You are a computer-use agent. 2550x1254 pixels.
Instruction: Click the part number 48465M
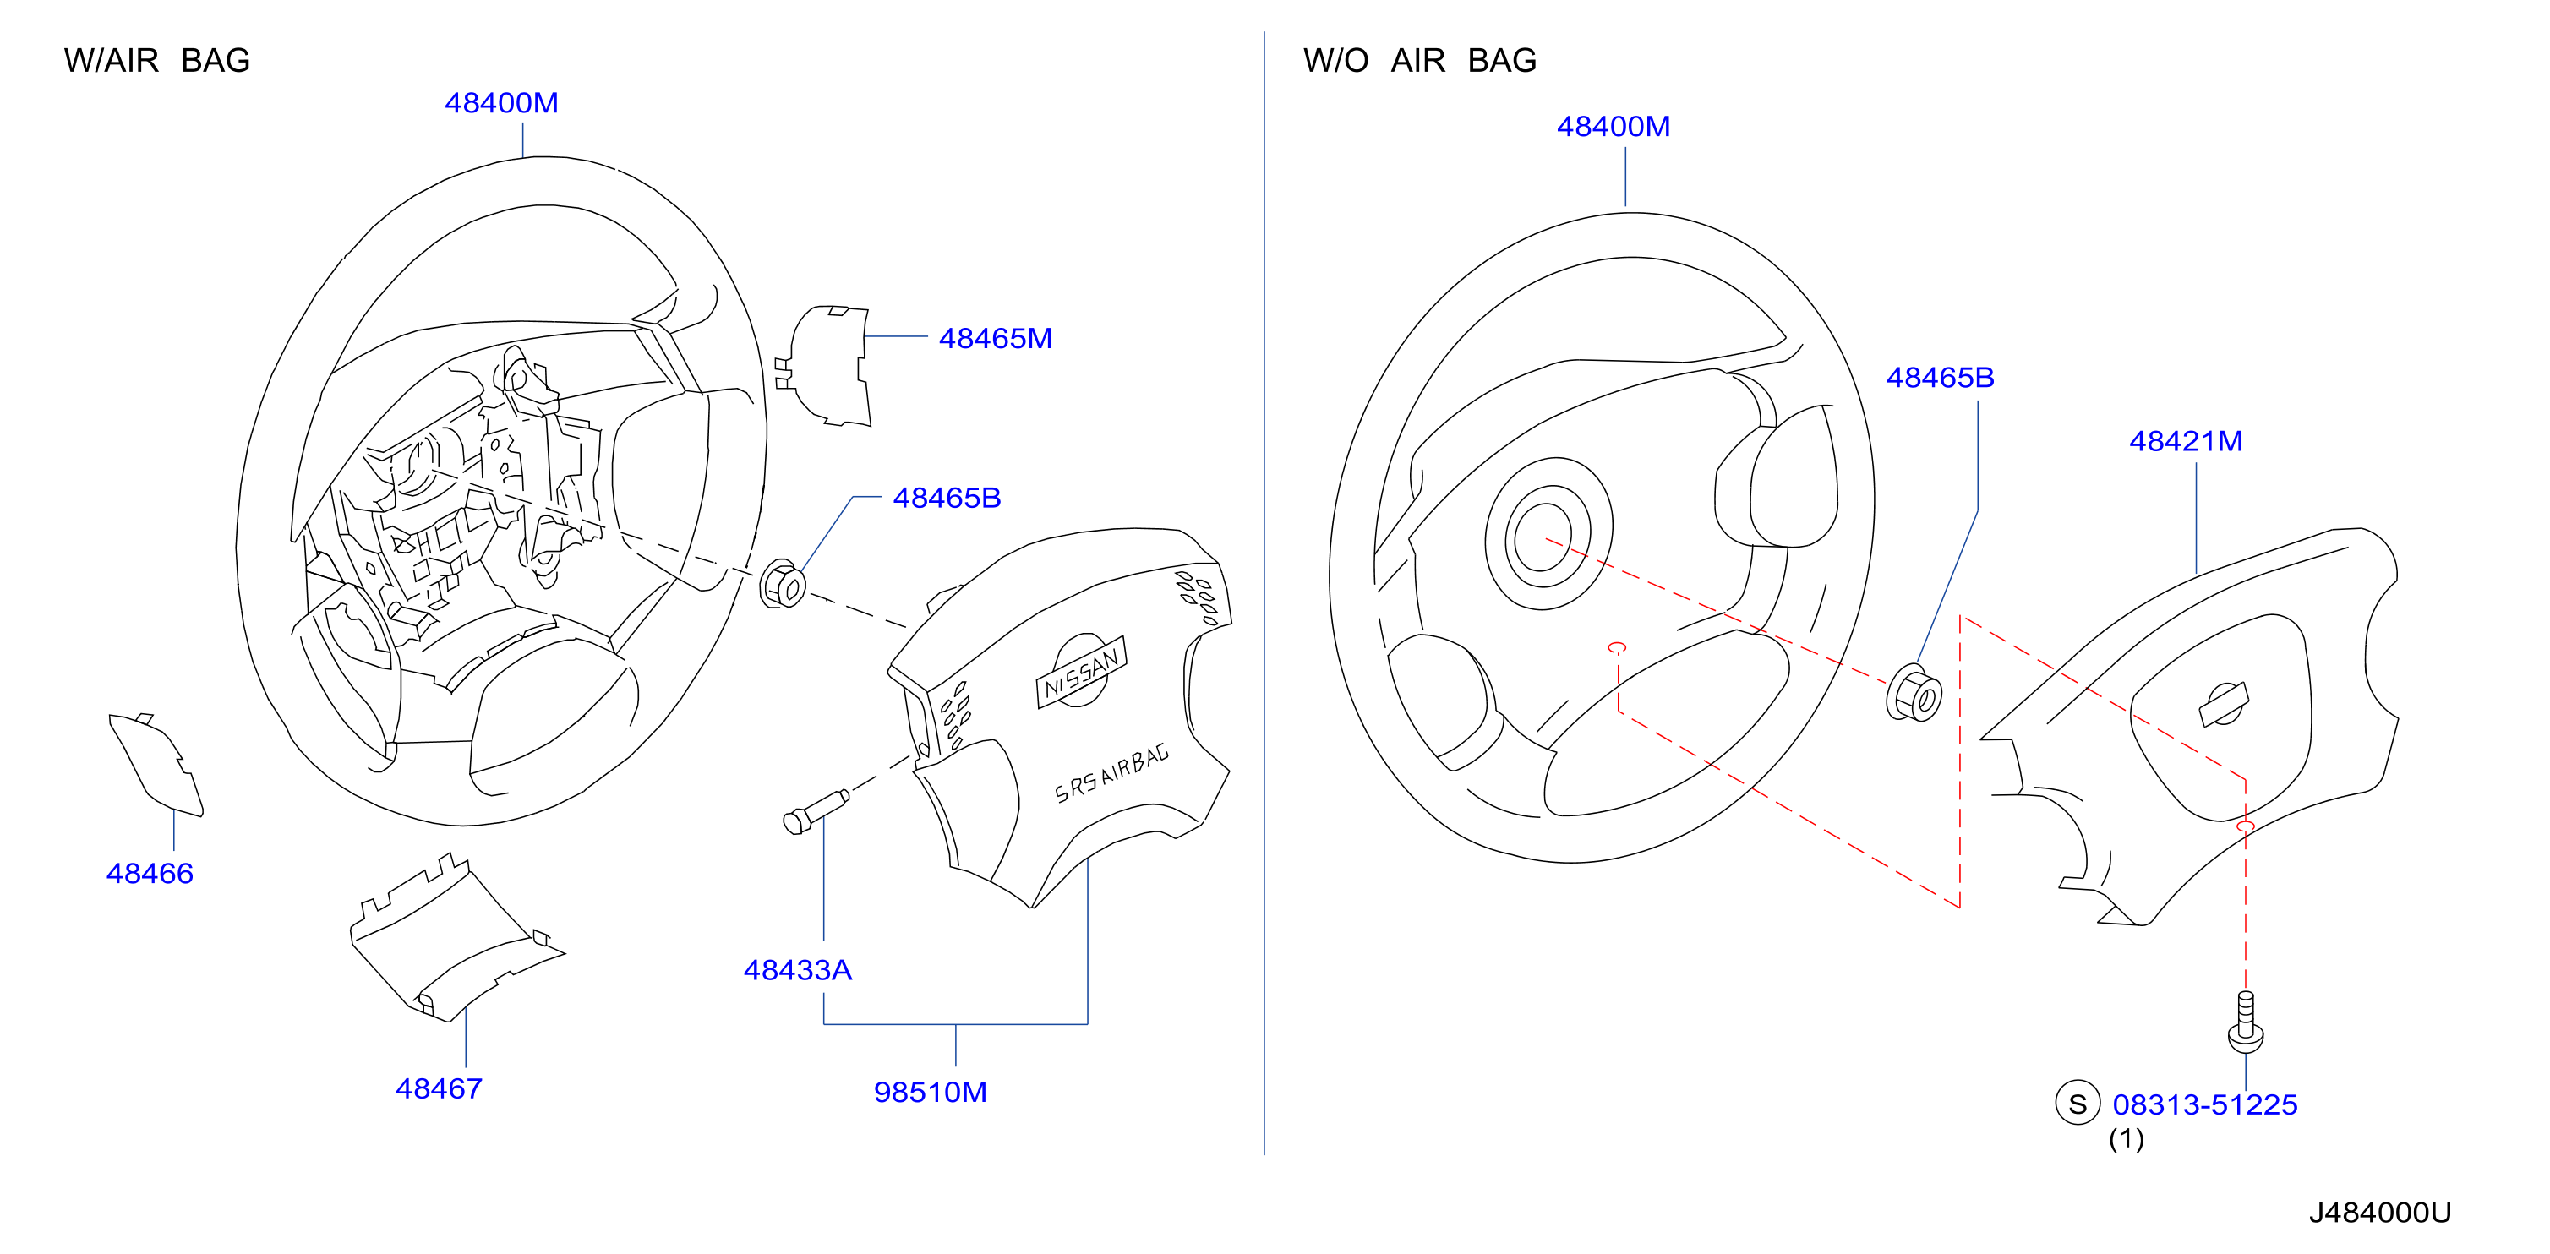point(995,339)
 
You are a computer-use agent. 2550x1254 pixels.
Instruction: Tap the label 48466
point(150,874)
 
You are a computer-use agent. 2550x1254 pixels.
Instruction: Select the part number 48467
point(439,1088)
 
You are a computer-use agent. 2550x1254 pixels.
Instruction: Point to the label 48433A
point(798,970)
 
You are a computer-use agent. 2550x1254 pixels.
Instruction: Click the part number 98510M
point(931,1093)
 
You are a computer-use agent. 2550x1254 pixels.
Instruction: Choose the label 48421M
point(2186,441)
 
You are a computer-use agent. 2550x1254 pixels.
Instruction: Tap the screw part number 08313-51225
point(2204,1104)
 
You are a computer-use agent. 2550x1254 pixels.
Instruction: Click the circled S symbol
point(2078,1104)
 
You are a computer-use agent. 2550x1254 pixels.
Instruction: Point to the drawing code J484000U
point(2380,1213)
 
